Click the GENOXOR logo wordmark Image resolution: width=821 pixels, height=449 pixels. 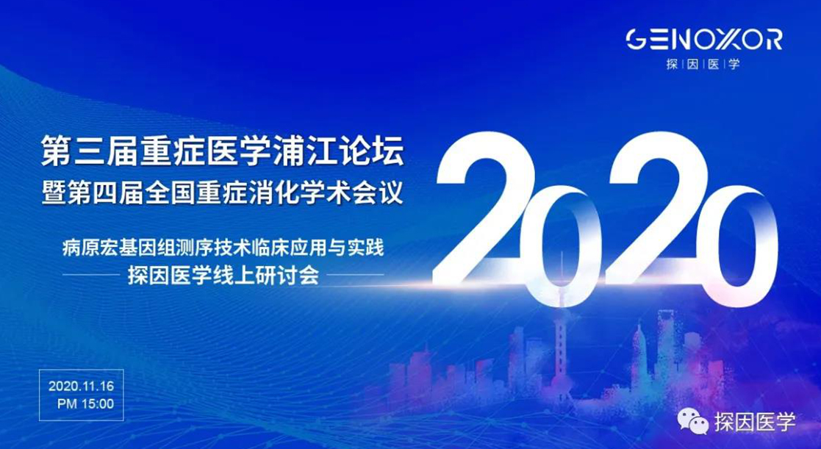[x=704, y=40]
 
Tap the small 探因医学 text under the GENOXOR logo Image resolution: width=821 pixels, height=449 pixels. [x=703, y=65]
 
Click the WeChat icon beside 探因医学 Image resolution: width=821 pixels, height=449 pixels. [x=693, y=421]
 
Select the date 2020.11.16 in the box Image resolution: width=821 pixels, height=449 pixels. [x=81, y=387]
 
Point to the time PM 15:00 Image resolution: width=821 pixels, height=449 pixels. [x=85, y=404]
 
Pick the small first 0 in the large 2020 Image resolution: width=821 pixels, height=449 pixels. [x=558, y=246]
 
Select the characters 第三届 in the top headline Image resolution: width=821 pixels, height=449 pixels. [x=90, y=154]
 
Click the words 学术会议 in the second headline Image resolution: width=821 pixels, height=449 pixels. [x=355, y=193]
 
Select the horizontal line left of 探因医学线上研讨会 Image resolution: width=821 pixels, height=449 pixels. [x=91, y=275]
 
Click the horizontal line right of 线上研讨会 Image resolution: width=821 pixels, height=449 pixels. [x=359, y=275]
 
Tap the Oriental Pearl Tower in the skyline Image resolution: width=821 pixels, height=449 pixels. [x=561, y=325]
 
